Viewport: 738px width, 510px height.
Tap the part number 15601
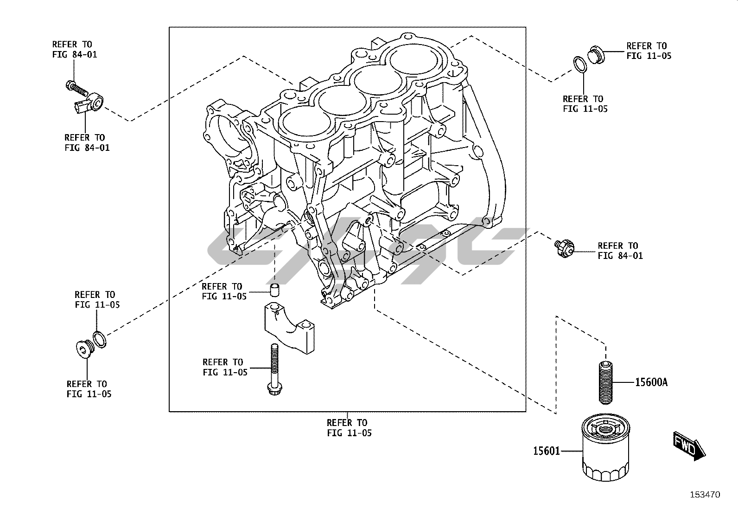(x=547, y=451)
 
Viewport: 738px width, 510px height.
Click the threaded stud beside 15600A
(x=605, y=382)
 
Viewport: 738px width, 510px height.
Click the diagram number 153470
(x=705, y=495)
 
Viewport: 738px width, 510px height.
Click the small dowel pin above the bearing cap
(x=274, y=290)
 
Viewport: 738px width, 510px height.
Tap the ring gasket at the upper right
(x=579, y=65)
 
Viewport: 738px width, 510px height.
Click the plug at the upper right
(x=596, y=55)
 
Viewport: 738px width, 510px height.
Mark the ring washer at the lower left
(x=100, y=339)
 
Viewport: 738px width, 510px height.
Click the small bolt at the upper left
(x=76, y=87)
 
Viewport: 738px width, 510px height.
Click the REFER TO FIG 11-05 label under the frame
(x=349, y=428)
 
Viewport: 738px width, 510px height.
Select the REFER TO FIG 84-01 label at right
(x=620, y=251)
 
